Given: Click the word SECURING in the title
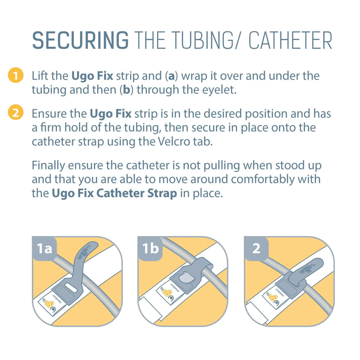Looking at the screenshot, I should [80, 41].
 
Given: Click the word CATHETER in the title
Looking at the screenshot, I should [291, 41].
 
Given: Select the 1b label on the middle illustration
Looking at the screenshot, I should [150, 248].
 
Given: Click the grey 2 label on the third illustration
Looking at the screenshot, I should [256, 248].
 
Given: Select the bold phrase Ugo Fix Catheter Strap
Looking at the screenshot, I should [114, 193].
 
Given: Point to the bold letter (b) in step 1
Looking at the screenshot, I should [126, 90].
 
